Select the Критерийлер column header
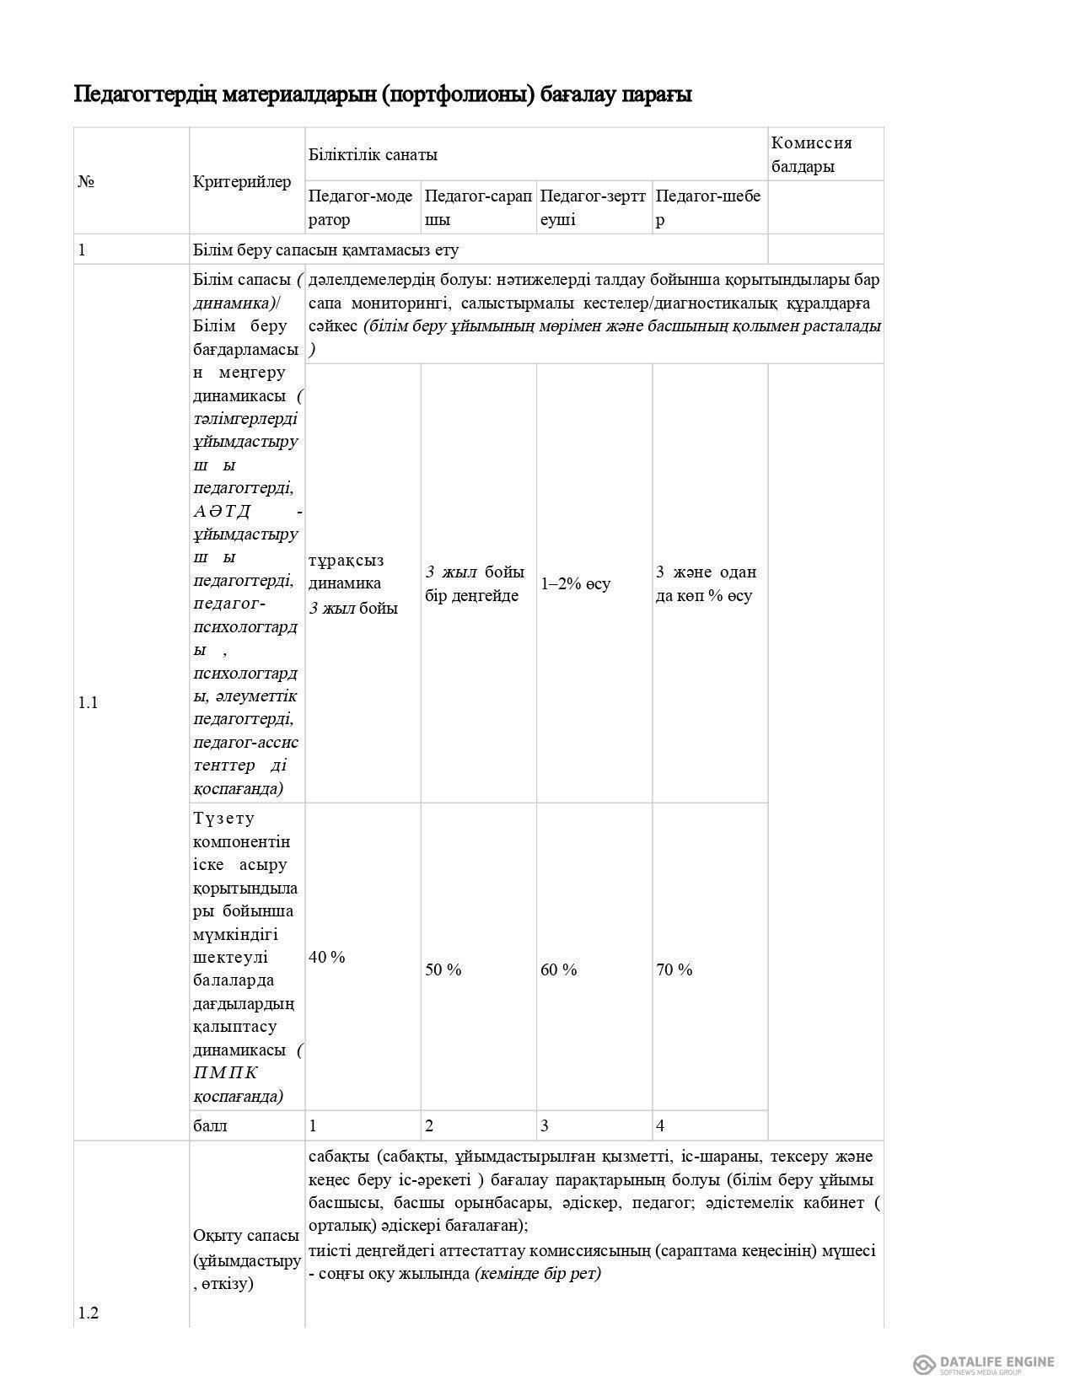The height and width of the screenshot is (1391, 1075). coord(242,181)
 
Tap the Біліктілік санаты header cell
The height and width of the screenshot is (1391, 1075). coord(373,154)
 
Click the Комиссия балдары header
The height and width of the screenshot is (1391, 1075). coord(812,154)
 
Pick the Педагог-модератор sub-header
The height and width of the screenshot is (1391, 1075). coord(361,207)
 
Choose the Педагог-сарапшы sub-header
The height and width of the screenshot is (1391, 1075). coord(478,207)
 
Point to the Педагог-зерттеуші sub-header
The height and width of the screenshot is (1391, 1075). coord(593,207)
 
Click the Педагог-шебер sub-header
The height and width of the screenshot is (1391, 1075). coord(708,207)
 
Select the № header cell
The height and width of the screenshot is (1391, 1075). coord(85,181)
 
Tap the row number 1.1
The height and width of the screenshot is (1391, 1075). coord(89,702)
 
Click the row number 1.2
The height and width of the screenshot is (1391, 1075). coord(89,1313)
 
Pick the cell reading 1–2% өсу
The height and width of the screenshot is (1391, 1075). coord(576,583)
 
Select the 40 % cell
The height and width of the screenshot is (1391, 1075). coord(327,957)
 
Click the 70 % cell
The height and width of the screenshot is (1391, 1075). coord(675,969)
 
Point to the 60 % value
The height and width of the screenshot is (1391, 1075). coord(559,969)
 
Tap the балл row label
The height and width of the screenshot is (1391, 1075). coord(210,1125)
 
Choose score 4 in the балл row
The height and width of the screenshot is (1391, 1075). coord(660,1125)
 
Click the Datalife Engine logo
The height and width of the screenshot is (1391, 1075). coord(983,1363)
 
